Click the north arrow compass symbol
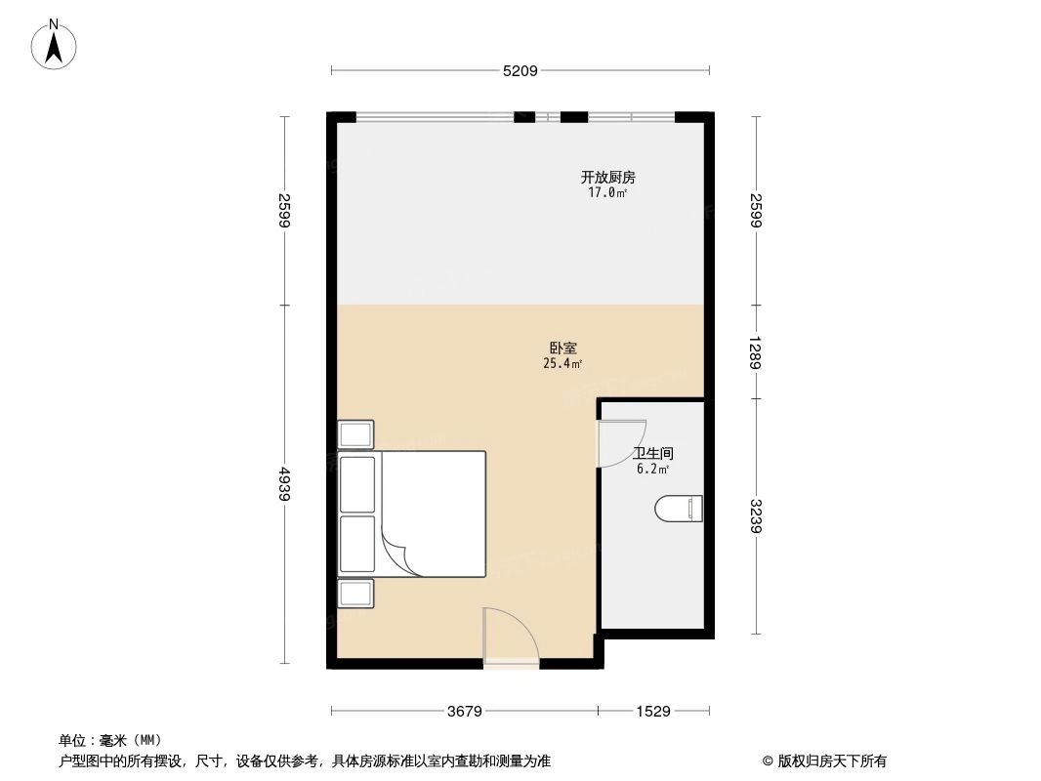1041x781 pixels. [x=56, y=44]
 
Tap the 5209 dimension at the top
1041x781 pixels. [x=520, y=70]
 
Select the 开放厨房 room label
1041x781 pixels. [x=607, y=178]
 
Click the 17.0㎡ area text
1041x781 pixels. [x=607, y=193]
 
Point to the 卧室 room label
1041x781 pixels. [x=562, y=348]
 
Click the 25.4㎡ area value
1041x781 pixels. [x=562, y=364]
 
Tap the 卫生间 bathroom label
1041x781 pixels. [x=652, y=454]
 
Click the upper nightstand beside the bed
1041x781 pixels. [x=355, y=434]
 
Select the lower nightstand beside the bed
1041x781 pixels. [x=355, y=594]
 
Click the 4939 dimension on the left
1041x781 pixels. [x=285, y=484]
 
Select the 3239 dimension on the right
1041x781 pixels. [x=756, y=516]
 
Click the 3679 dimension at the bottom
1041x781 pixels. [x=465, y=712]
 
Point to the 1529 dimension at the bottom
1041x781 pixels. [x=653, y=712]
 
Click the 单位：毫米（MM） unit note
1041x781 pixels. [x=109, y=740]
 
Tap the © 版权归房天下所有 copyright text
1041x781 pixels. [x=824, y=761]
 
